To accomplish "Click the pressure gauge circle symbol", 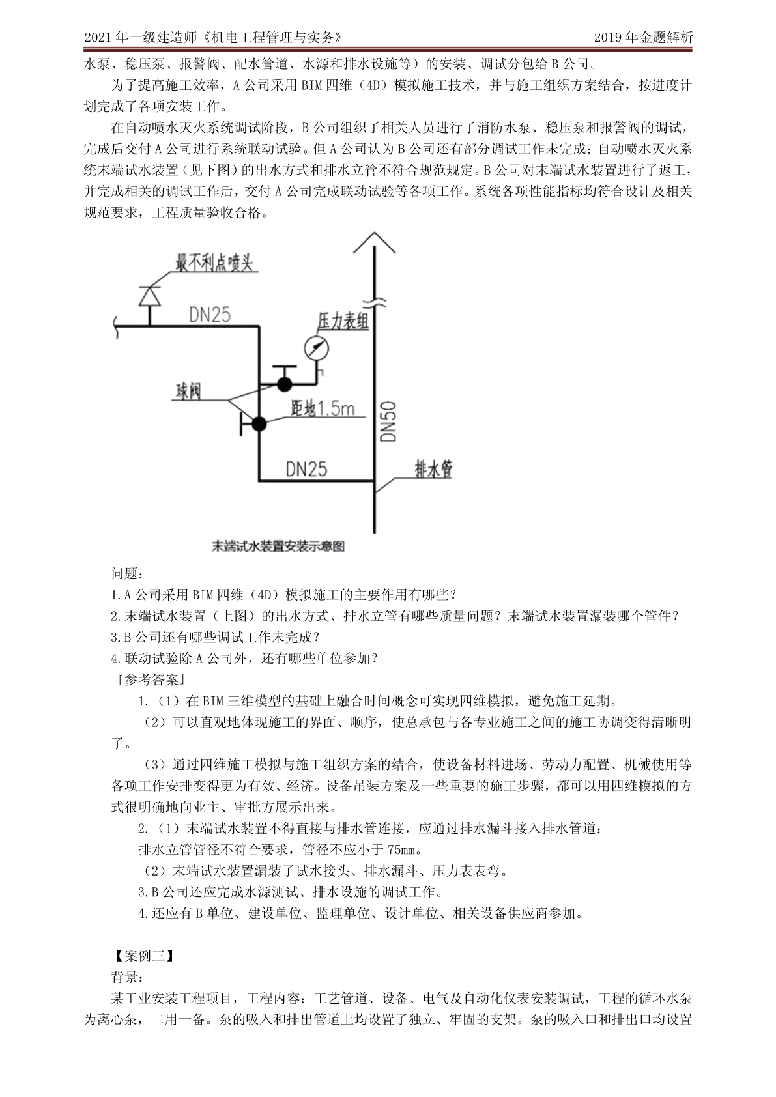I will click(x=316, y=349).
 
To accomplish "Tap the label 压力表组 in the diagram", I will click(x=343, y=321).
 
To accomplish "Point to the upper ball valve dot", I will click(x=284, y=384).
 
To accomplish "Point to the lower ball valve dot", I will click(x=259, y=425).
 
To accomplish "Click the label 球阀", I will click(x=188, y=392).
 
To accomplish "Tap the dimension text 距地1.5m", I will click(x=323, y=408).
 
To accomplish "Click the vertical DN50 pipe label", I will click(x=389, y=421).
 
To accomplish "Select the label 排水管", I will click(x=433, y=469).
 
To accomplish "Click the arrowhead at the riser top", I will click(x=374, y=242).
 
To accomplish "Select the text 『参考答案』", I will click(x=150, y=679).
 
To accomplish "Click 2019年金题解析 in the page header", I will click(x=643, y=37).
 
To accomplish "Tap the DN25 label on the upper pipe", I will click(x=210, y=315).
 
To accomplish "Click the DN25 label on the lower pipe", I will click(x=306, y=469).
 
